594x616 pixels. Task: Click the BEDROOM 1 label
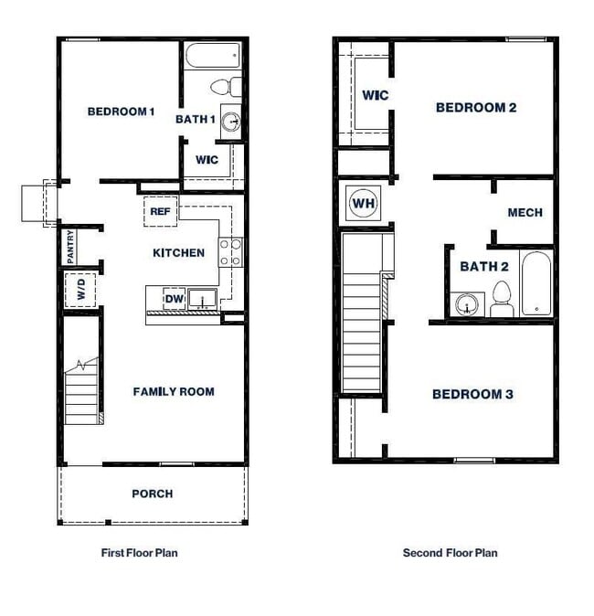(121, 112)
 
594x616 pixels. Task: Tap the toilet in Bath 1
(224, 88)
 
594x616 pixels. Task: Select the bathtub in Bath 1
(212, 56)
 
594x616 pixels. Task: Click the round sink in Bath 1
(231, 121)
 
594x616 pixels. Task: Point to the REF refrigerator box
(160, 212)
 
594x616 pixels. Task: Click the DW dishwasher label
(174, 298)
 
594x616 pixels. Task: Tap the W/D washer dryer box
(81, 292)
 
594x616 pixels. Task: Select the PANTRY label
(70, 247)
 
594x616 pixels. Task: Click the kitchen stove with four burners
(230, 251)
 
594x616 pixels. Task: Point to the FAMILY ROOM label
(174, 391)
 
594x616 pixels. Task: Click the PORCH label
(152, 494)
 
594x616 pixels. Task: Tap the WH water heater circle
(363, 202)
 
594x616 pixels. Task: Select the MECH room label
(525, 212)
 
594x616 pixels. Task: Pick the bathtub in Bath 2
(536, 282)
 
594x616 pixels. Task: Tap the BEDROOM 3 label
(472, 394)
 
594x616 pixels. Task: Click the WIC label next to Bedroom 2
(375, 95)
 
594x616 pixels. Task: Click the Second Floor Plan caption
(450, 553)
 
